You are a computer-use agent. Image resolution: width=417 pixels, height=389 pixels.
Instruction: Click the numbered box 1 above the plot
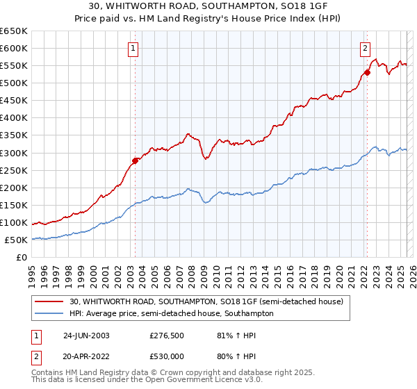pos(132,48)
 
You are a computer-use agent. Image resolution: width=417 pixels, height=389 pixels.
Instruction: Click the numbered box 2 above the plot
pos(365,48)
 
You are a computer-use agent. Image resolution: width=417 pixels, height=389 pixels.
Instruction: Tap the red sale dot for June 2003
pos(135,160)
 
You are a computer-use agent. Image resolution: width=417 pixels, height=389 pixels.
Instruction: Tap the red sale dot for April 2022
pos(367,72)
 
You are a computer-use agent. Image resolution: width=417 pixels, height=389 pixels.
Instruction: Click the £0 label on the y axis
pos(21,258)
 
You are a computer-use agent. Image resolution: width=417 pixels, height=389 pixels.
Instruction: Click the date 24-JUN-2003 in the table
pos(85,335)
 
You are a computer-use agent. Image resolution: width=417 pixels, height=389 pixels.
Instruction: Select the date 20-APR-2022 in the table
pos(85,356)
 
